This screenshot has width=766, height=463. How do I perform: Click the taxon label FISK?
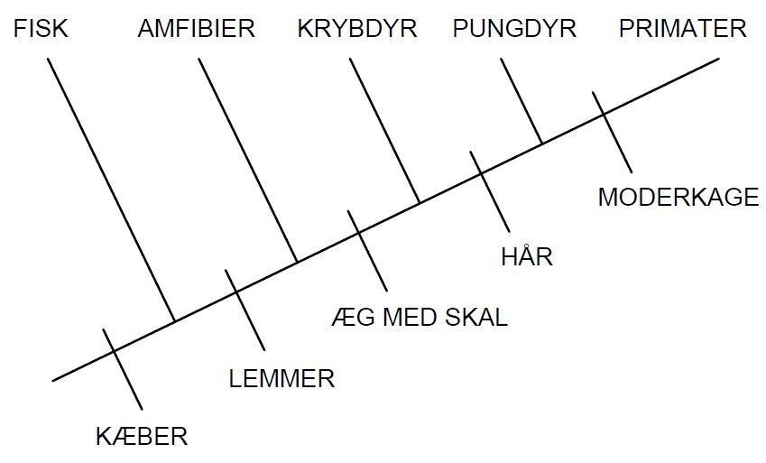[41, 29]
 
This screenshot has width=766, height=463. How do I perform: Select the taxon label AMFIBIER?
[196, 29]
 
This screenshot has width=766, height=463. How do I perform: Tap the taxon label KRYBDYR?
[356, 29]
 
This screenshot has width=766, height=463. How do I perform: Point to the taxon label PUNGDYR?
[514, 29]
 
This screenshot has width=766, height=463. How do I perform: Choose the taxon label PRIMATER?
[682, 29]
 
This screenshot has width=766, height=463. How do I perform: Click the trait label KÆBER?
[142, 438]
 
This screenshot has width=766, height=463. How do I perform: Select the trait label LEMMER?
[281, 378]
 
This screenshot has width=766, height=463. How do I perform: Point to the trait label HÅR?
[526, 257]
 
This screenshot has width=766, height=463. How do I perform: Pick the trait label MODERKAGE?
[678, 198]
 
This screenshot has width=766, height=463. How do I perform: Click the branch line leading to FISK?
[110, 190]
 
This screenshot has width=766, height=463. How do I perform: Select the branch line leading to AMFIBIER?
[248, 161]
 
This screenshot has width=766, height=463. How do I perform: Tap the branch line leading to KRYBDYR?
[384, 131]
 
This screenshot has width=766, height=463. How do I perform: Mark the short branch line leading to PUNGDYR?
[521, 101]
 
